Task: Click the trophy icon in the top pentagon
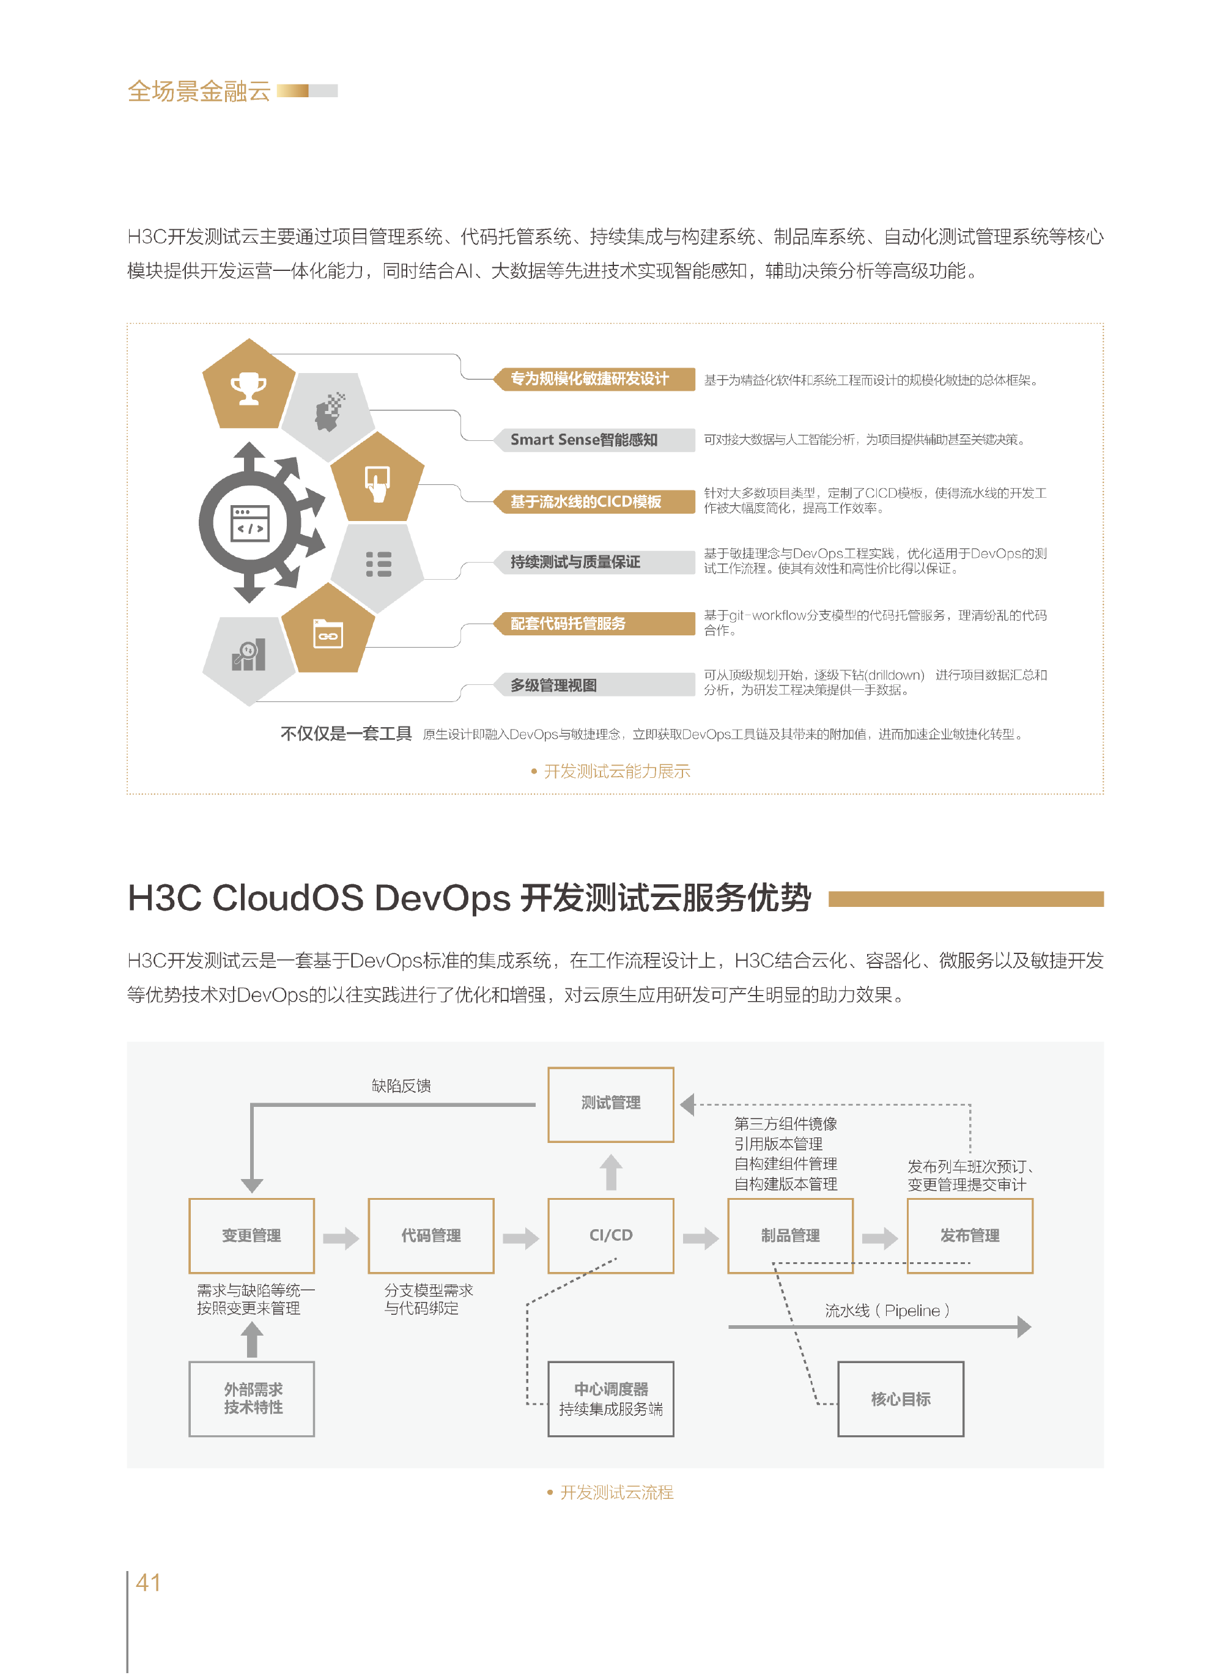click(249, 388)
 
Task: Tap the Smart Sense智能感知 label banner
click(594, 440)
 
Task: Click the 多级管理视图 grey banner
click(594, 685)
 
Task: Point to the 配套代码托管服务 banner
click(594, 623)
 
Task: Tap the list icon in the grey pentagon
click(379, 564)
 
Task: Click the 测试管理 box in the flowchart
click(611, 1104)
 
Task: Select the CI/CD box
click(611, 1235)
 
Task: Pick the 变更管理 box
click(252, 1235)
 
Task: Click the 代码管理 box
click(431, 1235)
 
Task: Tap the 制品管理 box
click(791, 1235)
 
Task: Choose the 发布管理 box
click(970, 1235)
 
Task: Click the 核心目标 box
click(901, 1399)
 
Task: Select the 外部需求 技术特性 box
click(252, 1399)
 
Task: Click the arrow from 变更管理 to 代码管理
click(341, 1238)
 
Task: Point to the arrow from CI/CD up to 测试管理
click(611, 1172)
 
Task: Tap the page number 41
click(148, 1583)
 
